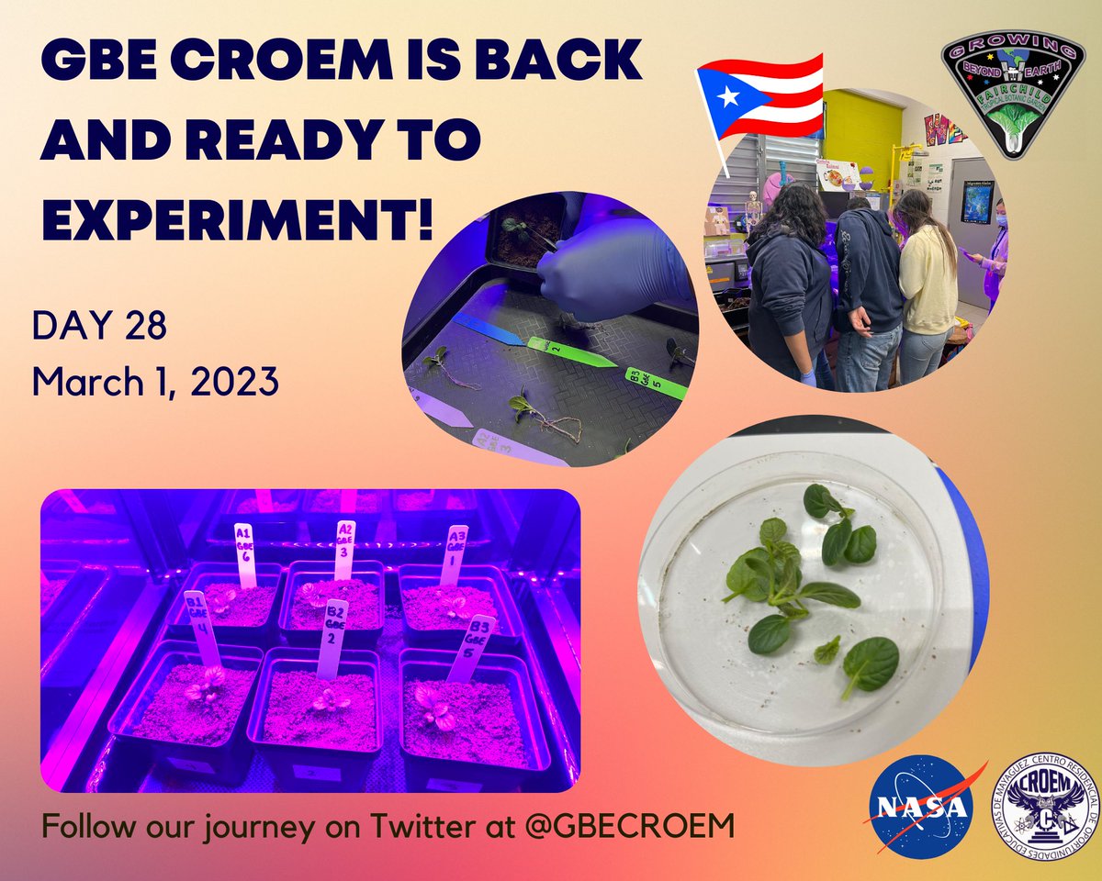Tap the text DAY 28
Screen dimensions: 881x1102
98,326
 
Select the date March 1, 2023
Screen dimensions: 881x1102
154,380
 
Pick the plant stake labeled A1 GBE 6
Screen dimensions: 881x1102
244,554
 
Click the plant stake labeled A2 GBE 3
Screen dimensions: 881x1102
345,549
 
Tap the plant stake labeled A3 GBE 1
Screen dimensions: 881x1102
454,552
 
